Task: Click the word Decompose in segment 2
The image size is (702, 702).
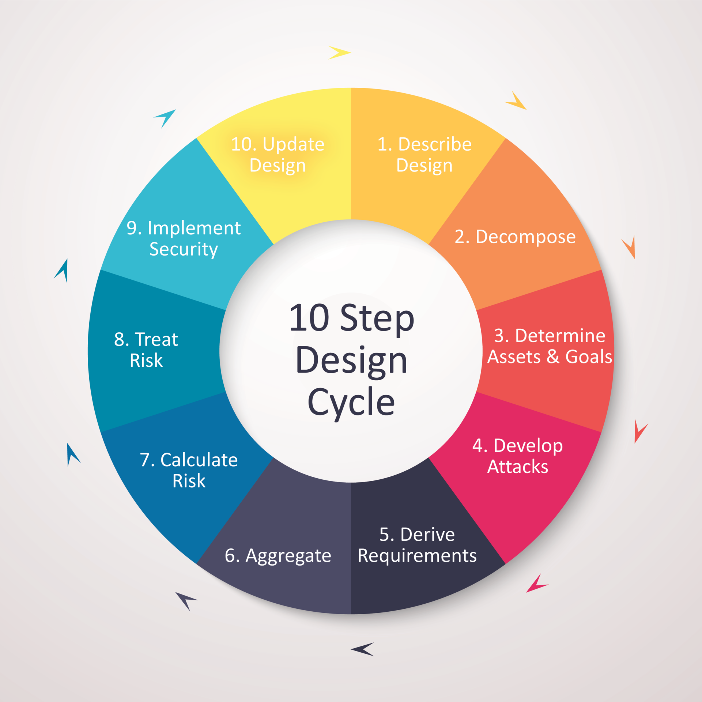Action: coord(525,237)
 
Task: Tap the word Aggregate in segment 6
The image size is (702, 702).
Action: coord(288,556)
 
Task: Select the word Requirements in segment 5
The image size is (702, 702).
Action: coord(417,556)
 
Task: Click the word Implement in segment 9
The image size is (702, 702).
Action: coord(194,229)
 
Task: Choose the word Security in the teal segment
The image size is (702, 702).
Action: coord(184,250)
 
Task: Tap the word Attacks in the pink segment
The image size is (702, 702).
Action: coord(517,467)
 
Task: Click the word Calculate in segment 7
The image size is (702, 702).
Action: coord(199,460)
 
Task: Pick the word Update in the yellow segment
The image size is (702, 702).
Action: coord(293,145)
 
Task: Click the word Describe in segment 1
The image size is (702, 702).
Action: coord(435,144)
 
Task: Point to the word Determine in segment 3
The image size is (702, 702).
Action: coord(560,336)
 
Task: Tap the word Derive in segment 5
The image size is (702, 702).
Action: coord(427,535)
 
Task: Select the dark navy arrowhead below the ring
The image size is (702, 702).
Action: coord(363,649)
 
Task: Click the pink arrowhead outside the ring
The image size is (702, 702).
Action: coord(536,584)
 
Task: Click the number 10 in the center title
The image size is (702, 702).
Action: coord(309,318)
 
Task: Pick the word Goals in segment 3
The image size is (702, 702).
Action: coord(588,357)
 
